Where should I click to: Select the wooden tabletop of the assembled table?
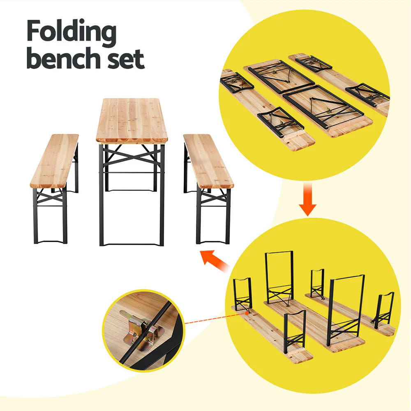pyautogui.click(x=132, y=119)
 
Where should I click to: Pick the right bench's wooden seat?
pyautogui.click(x=208, y=161)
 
